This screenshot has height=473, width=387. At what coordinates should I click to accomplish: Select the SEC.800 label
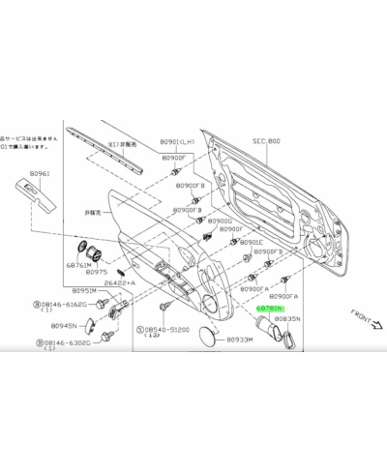coord(267,142)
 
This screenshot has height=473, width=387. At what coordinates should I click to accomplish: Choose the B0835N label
coord(285,318)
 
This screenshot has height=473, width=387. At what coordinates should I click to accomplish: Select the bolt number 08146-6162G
coord(66,304)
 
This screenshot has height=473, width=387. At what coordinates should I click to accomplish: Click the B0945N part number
coord(65,326)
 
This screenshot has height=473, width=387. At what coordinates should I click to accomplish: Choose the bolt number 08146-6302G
coord(67,342)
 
